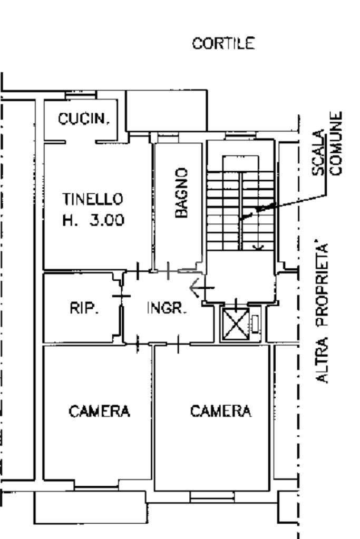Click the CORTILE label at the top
tap(223, 43)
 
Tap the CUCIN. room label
tap(84, 120)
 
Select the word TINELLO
tap(93, 199)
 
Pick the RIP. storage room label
tap(84, 309)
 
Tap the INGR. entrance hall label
tap(167, 309)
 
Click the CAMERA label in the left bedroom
tap(100, 411)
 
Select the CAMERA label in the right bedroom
tap(221, 410)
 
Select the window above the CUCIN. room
tap(80, 95)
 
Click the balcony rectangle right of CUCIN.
tap(166, 110)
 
